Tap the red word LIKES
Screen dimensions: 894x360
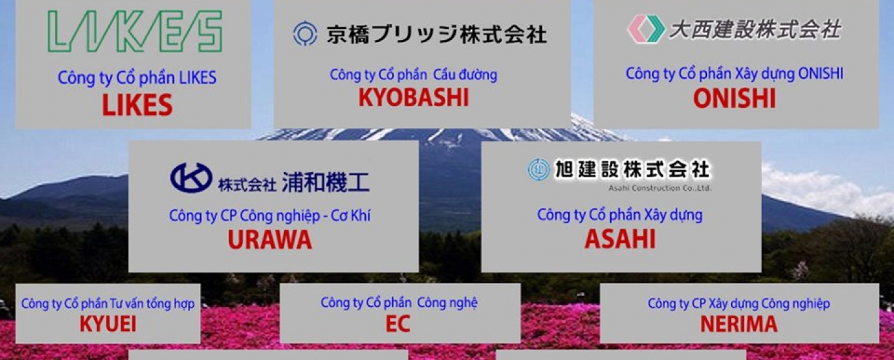(x=137, y=105)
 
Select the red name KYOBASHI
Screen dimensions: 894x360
(x=414, y=98)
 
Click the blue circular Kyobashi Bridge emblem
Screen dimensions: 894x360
(x=306, y=33)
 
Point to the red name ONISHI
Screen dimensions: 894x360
(x=734, y=98)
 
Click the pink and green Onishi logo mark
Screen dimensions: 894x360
(x=646, y=29)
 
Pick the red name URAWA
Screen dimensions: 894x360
(x=270, y=240)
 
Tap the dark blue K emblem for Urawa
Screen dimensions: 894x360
(x=191, y=177)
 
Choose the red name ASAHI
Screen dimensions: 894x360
(x=620, y=239)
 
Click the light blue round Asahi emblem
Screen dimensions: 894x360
(x=539, y=170)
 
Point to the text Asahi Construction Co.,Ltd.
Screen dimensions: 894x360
(x=660, y=188)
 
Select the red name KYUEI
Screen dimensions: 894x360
(x=108, y=324)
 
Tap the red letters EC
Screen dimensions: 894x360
(x=398, y=324)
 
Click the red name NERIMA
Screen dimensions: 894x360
(x=739, y=324)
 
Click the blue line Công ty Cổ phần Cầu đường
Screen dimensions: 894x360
(x=414, y=75)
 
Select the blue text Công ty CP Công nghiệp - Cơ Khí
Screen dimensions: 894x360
(x=270, y=216)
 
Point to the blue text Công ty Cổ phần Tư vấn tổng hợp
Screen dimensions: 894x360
(x=108, y=304)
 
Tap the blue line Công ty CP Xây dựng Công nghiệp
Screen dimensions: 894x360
(x=739, y=304)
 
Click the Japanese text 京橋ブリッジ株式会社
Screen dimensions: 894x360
(x=437, y=34)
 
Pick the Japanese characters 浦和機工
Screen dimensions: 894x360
(x=326, y=183)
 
